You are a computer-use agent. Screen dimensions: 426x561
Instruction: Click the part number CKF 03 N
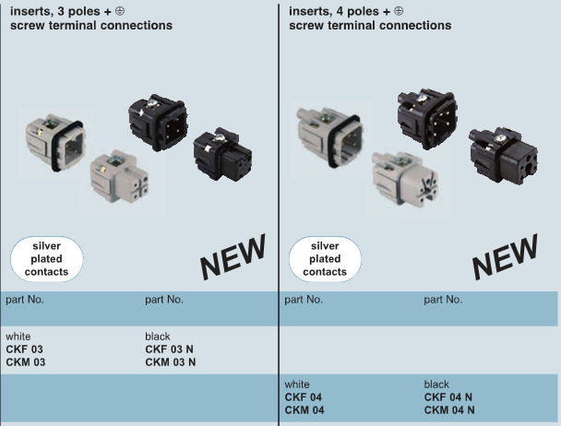[170, 349]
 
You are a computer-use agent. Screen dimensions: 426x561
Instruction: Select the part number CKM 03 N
[171, 362]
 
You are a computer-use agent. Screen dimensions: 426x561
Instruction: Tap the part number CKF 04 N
[448, 397]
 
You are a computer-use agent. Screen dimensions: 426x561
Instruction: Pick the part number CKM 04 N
[449, 410]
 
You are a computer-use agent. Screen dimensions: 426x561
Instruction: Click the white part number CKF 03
[24, 349]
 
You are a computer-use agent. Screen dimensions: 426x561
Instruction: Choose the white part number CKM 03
[25, 362]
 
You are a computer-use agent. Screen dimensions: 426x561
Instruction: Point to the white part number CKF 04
[303, 397]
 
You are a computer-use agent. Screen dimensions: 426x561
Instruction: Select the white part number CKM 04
[304, 410]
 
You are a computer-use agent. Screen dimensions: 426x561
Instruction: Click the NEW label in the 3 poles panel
[233, 255]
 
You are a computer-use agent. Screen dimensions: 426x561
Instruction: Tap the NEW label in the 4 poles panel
[505, 255]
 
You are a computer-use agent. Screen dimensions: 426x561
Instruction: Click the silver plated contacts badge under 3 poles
[46, 259]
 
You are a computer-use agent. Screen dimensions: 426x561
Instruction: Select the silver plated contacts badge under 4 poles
[325, 259]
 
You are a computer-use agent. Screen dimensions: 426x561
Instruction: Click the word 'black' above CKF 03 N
[159, 337]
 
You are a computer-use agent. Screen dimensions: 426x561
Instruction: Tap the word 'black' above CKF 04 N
[437, 385]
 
